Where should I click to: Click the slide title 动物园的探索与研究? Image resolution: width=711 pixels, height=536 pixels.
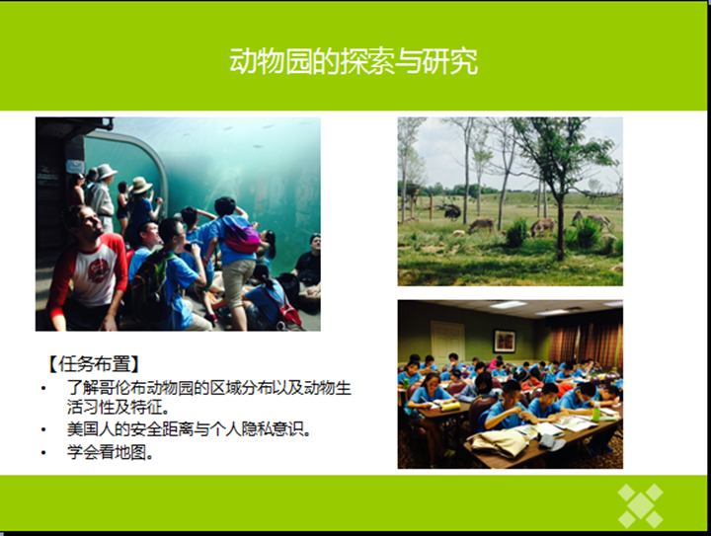[354, 61]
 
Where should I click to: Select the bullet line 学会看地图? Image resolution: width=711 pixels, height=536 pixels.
[111, 452]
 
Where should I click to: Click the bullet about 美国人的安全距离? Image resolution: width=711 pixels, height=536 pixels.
[190, 429]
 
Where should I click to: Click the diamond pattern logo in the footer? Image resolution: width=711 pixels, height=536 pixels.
[640, 505]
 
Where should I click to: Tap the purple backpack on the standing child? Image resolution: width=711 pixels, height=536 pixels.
[242, 236]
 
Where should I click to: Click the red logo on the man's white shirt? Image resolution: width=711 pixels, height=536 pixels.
[98, 270]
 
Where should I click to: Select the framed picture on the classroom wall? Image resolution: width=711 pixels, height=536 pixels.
[504, 341]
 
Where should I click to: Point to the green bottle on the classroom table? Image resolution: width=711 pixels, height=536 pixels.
[595, 413]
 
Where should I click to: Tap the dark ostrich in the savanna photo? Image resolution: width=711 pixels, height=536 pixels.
[451, 211]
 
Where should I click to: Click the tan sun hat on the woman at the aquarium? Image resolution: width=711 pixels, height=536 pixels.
[140, 186]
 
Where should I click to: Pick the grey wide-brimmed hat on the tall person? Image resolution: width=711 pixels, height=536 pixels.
[106, 172]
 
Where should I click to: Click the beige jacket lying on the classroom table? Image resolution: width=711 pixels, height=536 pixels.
[498, 442]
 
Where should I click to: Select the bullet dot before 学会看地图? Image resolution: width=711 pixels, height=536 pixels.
[43, 453]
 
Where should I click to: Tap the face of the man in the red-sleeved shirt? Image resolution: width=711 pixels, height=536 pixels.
[92, 225]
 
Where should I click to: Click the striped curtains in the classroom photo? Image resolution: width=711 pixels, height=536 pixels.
[585, 345]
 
